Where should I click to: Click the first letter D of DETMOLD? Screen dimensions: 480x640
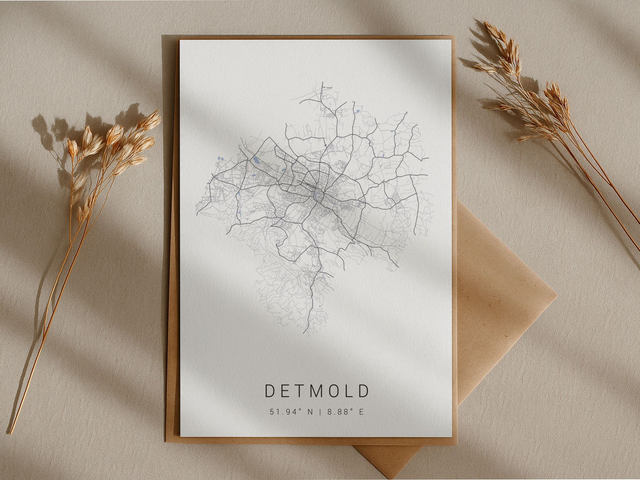coord(270,391)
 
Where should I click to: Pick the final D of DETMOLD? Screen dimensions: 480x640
coord(364,391)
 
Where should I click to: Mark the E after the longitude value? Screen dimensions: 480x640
coord(362,411)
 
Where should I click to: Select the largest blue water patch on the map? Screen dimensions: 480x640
coord(257,159)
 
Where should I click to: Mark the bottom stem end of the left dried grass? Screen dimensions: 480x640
coord(10,432)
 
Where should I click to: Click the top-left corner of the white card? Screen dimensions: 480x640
coord(180,41)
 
